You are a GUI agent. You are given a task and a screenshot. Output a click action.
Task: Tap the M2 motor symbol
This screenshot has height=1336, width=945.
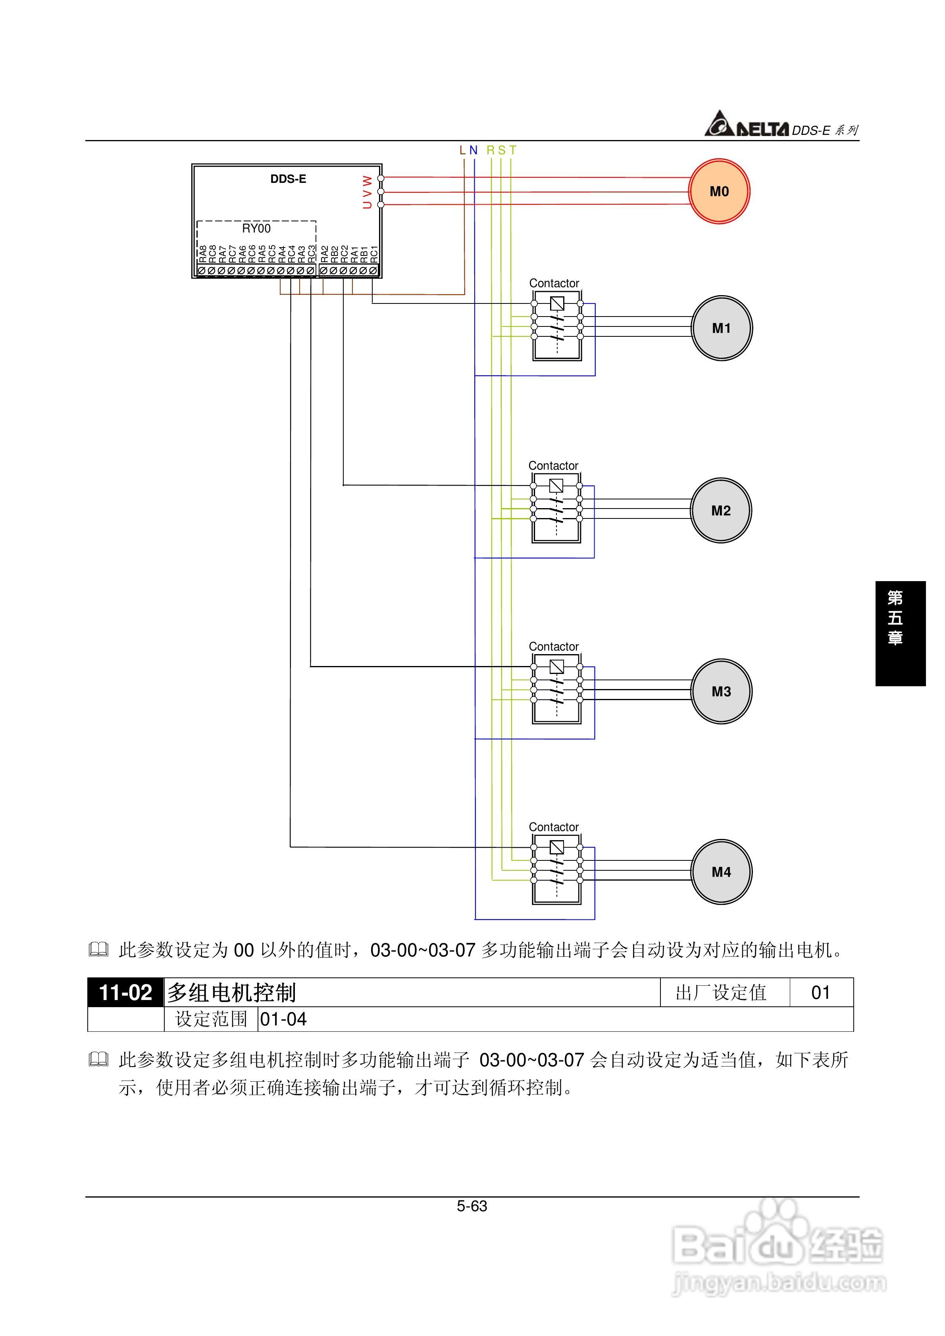point(720,510)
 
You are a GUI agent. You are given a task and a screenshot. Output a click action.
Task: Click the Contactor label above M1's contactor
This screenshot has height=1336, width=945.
point(554,283)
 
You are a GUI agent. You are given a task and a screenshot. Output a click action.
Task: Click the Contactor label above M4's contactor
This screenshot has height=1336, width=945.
point(553,827)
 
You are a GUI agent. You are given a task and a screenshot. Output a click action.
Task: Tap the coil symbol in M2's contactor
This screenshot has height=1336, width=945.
point(556,485)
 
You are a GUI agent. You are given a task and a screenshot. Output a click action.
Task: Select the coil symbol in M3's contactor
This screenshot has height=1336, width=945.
point(556,666)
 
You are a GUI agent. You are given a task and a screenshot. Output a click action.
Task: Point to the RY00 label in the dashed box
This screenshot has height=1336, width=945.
point(256,228)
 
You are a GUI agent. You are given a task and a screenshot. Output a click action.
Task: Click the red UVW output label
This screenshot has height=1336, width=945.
point(367,192)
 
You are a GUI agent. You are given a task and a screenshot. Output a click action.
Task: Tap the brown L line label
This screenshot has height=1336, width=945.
point(463,150)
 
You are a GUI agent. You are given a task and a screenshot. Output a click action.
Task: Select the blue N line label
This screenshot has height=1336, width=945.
point(473,150)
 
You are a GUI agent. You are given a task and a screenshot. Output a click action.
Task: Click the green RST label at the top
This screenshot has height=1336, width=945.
point(501,150)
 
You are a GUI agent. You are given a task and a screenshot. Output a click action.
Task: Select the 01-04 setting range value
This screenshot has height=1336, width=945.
point(283,1019)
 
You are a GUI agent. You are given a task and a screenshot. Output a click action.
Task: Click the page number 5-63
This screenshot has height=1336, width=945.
point(472,1206)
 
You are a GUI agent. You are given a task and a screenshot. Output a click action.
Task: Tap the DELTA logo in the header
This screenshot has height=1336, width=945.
point(747,125)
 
